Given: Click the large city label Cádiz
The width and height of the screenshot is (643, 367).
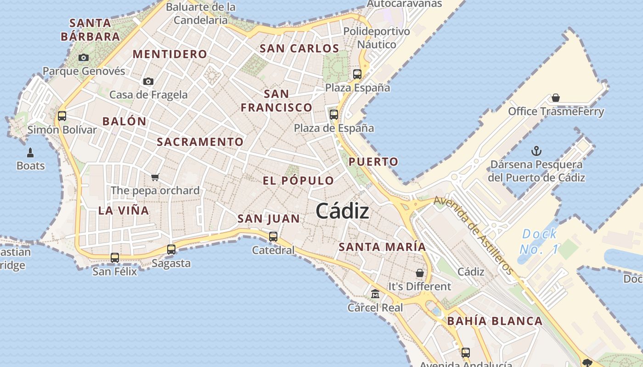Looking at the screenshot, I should click(343, 211).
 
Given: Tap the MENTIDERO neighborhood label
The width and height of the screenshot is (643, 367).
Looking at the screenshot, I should click(170, 54).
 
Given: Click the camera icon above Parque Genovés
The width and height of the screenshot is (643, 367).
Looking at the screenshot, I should click(83, 57).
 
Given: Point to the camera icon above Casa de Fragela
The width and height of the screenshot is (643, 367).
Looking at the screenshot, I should click(148, 81).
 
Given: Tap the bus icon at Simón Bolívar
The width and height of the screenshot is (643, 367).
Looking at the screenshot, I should click(62, 116).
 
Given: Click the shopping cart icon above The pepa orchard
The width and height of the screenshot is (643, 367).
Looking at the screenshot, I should click(155, 177).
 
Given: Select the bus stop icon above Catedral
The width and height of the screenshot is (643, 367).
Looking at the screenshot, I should click(273, 237).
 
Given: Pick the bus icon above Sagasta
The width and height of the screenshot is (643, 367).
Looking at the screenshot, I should click(171, 250).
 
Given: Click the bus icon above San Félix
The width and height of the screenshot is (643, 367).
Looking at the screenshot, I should click(115, 258).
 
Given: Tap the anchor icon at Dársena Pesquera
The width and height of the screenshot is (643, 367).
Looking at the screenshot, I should click(536, 150).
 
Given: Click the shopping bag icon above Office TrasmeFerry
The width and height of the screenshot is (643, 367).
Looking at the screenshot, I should click(556, 98).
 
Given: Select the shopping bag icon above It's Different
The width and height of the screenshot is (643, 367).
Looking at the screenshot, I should click(419, 273).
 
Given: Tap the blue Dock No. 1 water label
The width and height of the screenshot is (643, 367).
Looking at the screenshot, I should click(539, 241).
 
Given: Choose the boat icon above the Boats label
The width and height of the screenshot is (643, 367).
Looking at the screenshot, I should click(31, 152).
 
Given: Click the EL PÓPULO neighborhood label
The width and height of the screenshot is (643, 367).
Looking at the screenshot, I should click(298, 181).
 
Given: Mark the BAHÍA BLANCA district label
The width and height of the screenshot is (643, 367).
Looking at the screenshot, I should click(495, 321).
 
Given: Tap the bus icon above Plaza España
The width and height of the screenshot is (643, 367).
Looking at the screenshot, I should click(357, 74).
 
